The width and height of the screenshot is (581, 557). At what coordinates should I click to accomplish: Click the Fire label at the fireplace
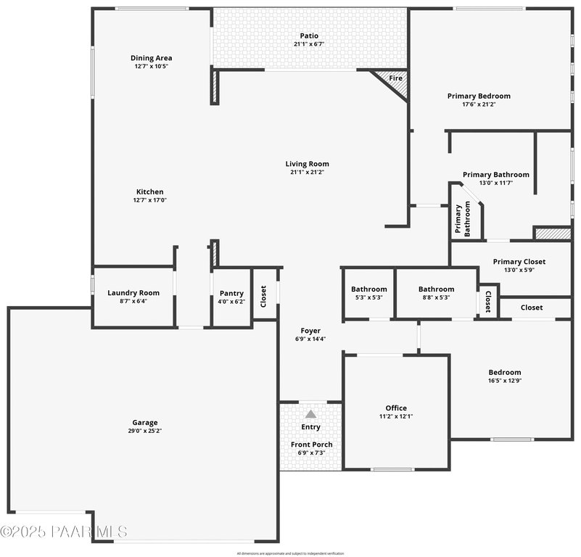click(395, 78)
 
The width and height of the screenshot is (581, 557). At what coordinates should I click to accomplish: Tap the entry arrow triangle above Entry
click(310, 414)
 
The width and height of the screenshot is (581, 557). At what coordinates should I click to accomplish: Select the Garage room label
click(144, 422)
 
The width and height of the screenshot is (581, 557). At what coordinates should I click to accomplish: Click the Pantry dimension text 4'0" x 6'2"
click(231, 302)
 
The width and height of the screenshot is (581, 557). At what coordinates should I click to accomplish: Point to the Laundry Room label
click(133, 293)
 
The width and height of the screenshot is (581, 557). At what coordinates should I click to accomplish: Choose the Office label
click(396, 408)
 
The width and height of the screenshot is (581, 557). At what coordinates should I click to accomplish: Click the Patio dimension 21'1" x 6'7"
click(309, 44)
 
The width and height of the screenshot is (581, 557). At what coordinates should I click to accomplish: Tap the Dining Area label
click(150, 58)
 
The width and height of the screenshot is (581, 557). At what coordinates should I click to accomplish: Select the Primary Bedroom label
click(479, 96)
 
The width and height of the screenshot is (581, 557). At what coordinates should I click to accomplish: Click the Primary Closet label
click(519, 262)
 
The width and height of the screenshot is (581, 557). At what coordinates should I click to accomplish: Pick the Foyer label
click(311, 331)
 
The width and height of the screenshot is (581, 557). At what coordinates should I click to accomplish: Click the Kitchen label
click(150, 191)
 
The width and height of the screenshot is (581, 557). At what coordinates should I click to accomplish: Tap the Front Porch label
click(311, 445)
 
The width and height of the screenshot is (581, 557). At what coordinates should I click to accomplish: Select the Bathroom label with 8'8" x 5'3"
click(436, 289)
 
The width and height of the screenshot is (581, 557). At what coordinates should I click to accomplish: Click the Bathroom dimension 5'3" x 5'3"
click(368, 297)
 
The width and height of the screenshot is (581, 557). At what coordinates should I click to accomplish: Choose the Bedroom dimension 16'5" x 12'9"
click(505, 381)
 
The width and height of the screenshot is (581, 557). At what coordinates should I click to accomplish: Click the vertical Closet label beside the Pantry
click(263, 296)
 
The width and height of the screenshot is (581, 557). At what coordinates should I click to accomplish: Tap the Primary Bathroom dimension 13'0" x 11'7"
click(496, 183)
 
